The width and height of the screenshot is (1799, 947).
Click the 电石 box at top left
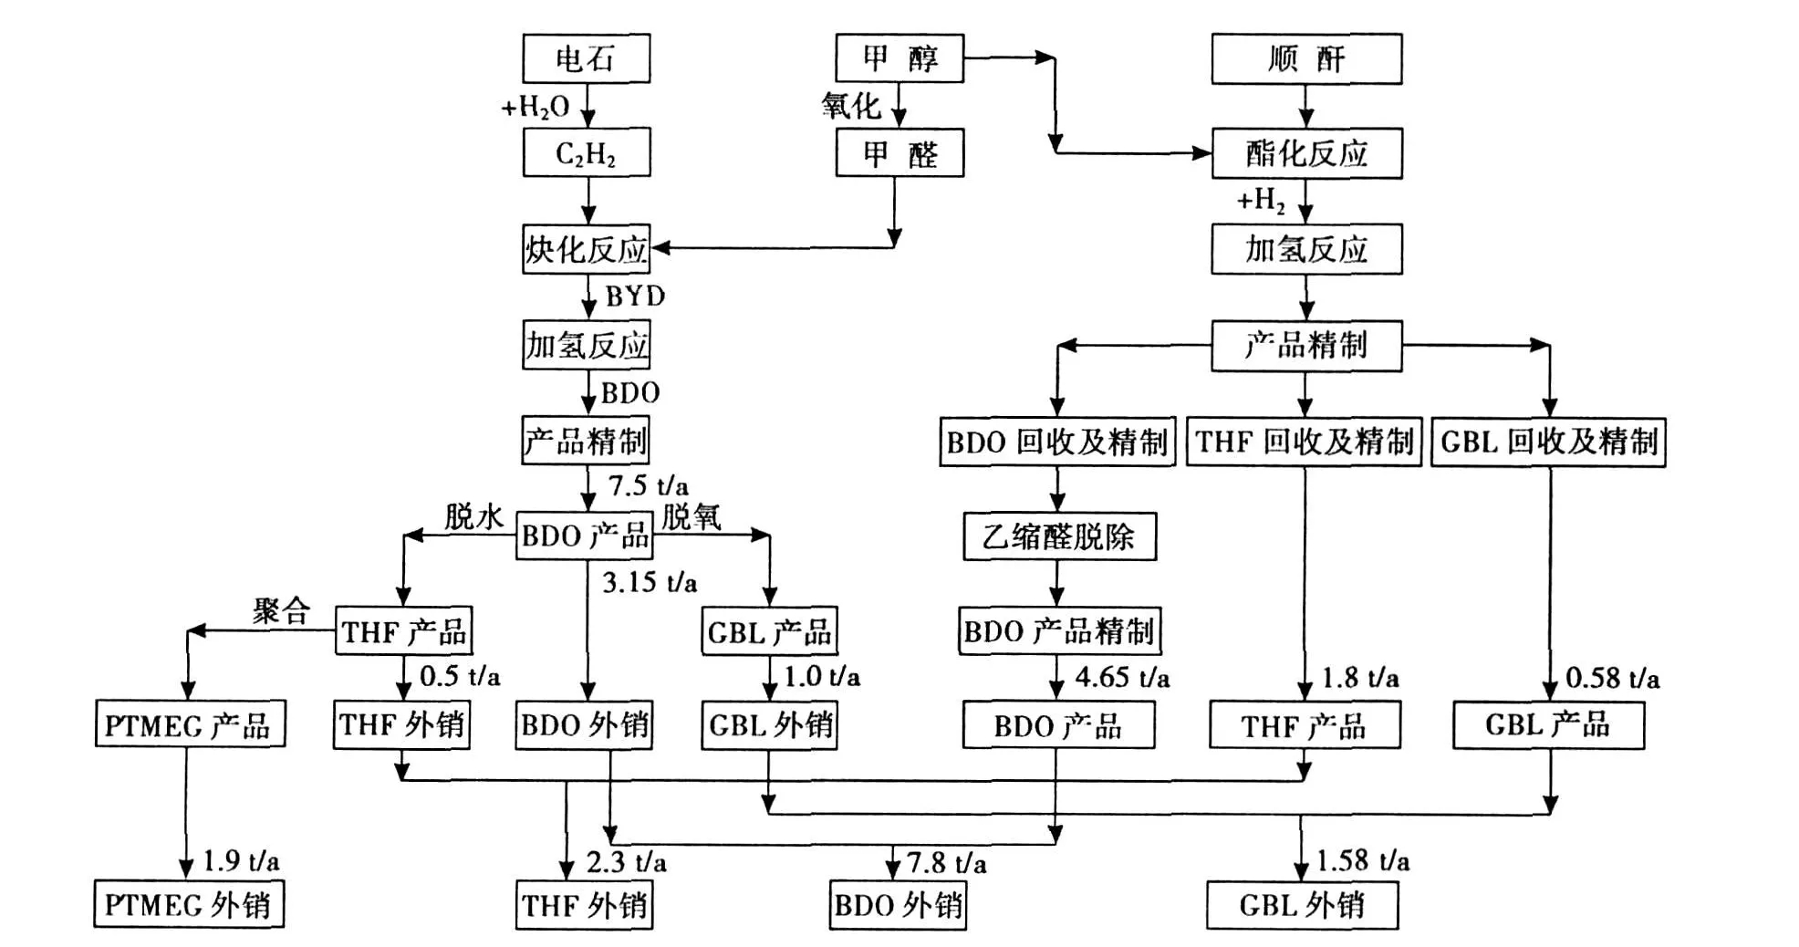[x=586, y=59]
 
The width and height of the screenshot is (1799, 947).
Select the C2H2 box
[x=586, y=152]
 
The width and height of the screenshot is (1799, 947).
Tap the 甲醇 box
[x=899, y=58]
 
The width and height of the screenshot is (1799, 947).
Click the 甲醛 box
[x=899, y=153]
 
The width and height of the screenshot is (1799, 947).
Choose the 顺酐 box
[x=1306, y=59]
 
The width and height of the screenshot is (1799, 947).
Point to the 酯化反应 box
[x=1306, y=153]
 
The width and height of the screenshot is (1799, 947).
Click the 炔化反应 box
[x=586, y=249]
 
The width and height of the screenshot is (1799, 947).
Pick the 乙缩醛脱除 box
[x=1059, y=536]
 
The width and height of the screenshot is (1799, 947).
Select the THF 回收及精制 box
[x=1304, y=442]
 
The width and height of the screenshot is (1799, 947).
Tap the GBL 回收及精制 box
[x=1548, y=442]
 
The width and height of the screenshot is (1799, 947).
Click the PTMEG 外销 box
[x=188, y=905]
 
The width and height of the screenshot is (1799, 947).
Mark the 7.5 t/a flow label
[x=649, y=485]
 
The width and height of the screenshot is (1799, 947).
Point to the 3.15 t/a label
[x=650, y=582]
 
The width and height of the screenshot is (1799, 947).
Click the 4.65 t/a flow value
[x=1122, y=677]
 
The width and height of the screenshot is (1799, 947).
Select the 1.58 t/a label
[x=1363, y=860]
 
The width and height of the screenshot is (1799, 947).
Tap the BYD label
[x=635, y=297]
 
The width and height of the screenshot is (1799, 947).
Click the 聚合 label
[x=281, y=610]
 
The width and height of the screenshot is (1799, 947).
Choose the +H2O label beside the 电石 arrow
[x=536, y=108]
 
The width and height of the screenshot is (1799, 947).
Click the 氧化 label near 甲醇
[x=850, y=106]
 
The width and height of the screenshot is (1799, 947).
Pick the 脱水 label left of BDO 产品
[x=473, y=517]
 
